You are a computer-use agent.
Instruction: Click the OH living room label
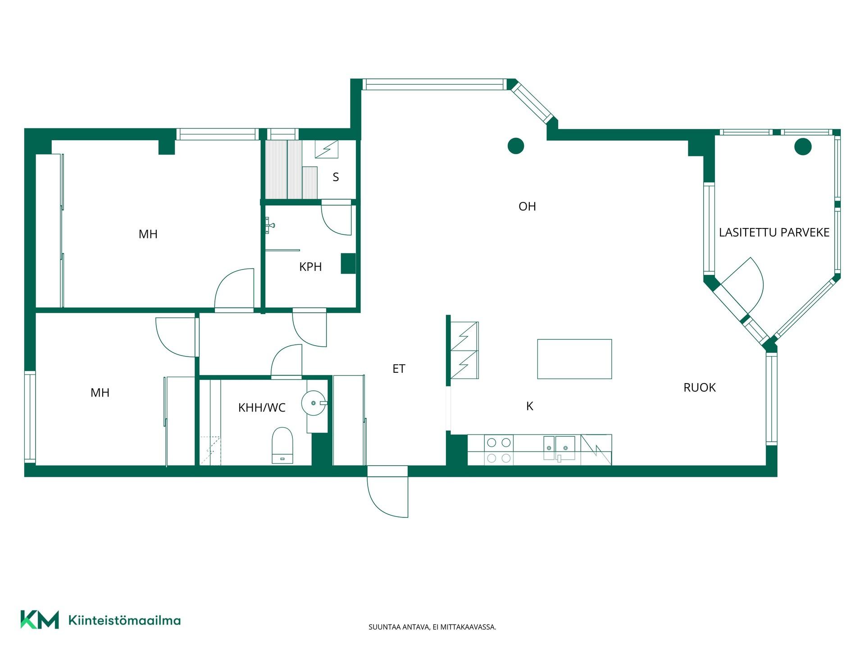point(527,206)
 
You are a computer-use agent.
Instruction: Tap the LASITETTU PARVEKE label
point(774,233)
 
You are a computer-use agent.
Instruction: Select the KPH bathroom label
point(310,267)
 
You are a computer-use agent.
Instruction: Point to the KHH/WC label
point(262,408)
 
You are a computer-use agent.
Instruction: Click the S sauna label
point(336,177)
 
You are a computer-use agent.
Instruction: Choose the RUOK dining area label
point(699,388)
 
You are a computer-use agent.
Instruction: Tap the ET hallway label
point(399,369)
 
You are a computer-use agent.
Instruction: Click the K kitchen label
point(530,406)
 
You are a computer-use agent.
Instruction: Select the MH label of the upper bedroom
point(148,234)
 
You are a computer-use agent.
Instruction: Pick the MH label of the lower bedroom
point(100,393)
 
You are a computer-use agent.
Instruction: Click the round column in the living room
point(516,146)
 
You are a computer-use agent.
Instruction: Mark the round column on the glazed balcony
point(803,146)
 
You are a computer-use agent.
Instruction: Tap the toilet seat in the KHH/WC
point(282,445)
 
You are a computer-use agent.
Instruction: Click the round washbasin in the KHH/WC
point(314,402)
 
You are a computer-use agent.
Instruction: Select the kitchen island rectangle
point(574,359)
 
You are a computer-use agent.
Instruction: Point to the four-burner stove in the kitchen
point(499,450)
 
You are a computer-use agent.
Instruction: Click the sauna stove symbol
point(327,149)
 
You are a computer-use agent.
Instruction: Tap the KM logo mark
point(40,619)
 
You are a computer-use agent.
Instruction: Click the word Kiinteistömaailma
point(124,620)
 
